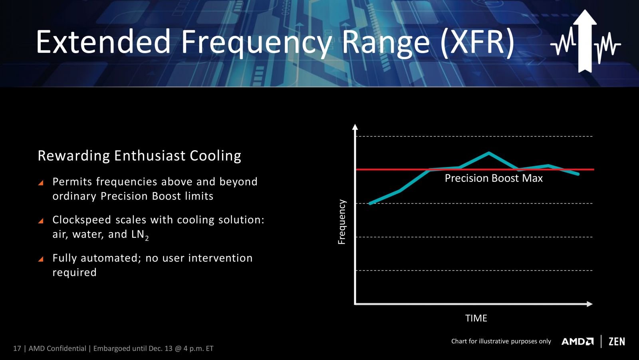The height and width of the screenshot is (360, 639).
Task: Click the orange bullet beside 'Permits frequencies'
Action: pos(41,183)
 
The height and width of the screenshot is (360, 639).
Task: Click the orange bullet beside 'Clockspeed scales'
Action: pos(41,221)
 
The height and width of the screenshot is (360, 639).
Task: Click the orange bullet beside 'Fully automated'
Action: pos(41,259)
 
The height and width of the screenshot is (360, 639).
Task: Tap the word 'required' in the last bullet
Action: pos(74,272)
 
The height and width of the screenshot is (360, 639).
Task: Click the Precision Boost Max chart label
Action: pos(494,178)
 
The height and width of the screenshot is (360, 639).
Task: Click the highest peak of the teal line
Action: pos(489,153)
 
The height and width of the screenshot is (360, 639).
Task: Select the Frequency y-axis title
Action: pos(341,222)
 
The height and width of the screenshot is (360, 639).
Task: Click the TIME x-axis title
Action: pos(476,318)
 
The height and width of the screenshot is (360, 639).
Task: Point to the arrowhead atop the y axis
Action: pos(355,127)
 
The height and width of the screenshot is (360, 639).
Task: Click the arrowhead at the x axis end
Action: pos(589,304)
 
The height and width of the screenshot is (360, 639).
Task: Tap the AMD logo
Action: pos(577,342)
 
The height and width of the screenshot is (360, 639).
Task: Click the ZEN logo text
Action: pos(617,342)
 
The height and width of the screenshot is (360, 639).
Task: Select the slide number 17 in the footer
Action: pos(17,348)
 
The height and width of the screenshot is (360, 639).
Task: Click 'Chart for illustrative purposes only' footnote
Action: pos(501,342)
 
